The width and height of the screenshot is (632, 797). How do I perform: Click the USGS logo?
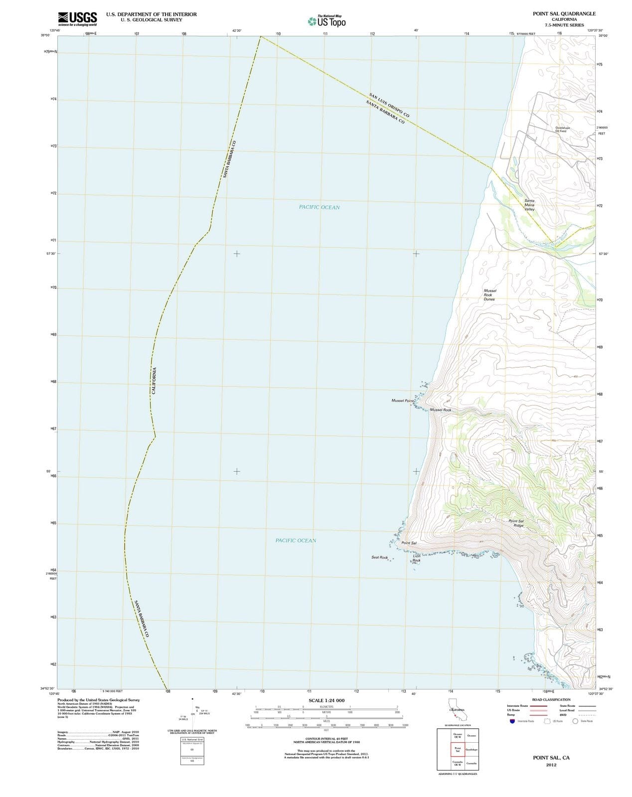[77, 18]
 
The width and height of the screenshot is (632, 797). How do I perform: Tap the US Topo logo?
[327, 21]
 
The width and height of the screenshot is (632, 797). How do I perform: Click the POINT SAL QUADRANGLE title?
[564, 13]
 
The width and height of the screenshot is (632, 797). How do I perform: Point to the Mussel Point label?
[402, 400]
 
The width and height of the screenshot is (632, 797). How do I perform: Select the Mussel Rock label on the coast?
[441, 410]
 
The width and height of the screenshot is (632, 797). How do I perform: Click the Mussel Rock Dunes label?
[489, 295]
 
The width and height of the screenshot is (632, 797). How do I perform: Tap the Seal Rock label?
[379, 557]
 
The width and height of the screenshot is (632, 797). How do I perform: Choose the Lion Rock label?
[416, 558]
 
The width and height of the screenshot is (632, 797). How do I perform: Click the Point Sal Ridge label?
[516, 523]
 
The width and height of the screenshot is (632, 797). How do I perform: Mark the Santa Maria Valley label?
[529, 205]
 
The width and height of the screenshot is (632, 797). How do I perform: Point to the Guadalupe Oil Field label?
[562, 129]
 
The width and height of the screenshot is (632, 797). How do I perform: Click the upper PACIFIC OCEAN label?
[319, 207]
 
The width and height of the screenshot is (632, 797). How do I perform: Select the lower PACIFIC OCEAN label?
[296, 540]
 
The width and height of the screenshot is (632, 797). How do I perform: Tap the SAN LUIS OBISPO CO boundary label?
[389, 106]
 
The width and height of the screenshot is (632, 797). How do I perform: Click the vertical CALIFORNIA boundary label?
[155, 381]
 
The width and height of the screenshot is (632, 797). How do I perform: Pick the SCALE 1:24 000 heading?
[326, 700]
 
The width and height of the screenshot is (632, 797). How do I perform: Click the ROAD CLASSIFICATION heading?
[551, 699]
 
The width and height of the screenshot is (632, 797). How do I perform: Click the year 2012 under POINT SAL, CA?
[551, 765]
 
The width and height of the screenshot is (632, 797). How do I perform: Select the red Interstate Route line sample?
[538, 706]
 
